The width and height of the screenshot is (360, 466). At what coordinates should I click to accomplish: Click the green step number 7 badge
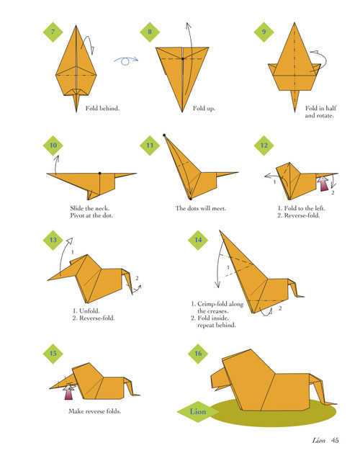(53, 31)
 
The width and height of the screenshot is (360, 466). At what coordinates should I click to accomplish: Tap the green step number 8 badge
(150, 31)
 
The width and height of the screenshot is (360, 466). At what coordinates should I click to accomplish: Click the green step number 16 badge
(197, 352)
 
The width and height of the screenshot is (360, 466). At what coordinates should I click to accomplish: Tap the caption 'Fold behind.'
(102, 109)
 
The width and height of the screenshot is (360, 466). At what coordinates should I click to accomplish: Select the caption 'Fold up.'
(204, 109)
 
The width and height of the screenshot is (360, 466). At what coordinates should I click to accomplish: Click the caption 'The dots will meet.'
(201, 209)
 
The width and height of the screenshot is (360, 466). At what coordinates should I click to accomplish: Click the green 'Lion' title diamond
(198, 412)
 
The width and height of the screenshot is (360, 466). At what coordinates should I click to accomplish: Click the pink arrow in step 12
(323, 185)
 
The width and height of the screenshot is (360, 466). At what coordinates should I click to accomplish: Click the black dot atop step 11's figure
(165, 134)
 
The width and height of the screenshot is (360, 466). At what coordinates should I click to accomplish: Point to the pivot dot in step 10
(99, 174)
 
